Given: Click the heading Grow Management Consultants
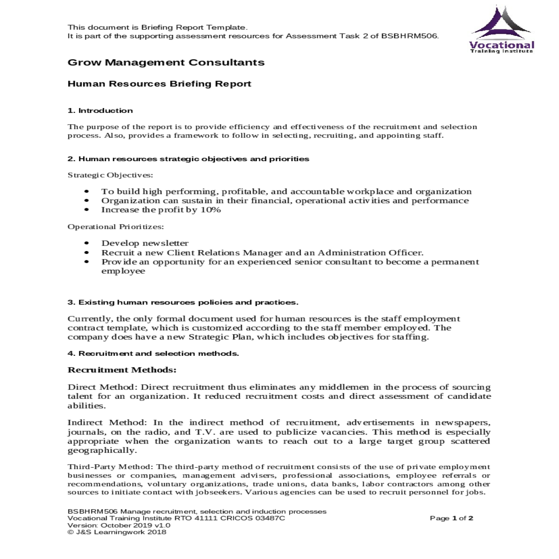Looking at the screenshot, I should [x=166, y=62].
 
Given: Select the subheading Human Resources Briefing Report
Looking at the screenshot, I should [x=159, y=84].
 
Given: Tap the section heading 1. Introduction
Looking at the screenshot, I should [x=100, y=110].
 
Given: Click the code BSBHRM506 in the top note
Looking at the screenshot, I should [x=409, y=36].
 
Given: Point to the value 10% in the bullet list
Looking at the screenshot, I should [x=211, y=210].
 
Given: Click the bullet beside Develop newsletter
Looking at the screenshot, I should [x=87, y=243].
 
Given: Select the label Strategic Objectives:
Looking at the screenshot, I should [x=110, y=175].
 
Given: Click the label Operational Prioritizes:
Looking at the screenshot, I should [x=116, y=227].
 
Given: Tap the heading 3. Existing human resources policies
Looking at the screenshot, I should [x=183, y=302].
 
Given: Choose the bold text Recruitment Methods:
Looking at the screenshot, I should [x=122, y=370].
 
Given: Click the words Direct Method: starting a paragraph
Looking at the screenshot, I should [x=102, y=387].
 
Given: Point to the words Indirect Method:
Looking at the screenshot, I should [x=108, y=423].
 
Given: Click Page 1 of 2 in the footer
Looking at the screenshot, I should [x=451, y=518].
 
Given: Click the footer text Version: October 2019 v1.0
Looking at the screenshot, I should [x=119, y=525].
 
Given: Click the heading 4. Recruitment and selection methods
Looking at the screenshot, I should [x=153, y=354].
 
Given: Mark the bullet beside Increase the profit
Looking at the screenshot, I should [x=87, y=210].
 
